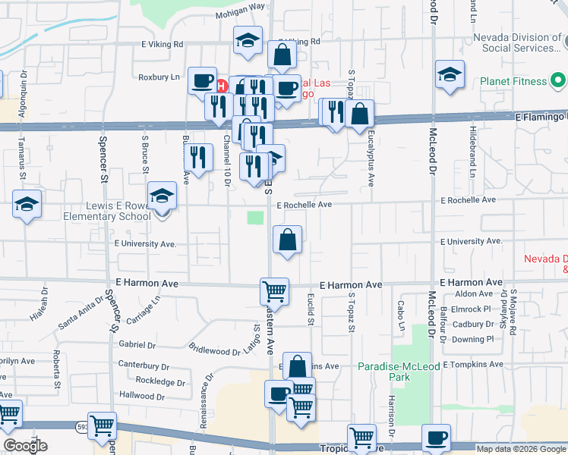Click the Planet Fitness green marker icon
[x=559, y=80]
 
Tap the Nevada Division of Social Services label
[x=516, y=42]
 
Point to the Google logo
[x=25, y=446]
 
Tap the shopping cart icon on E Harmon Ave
[x=274, y=290]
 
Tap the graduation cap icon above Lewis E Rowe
[x=161, y=196]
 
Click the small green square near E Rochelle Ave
[x=256, y=218]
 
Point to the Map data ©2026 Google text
[x=521, y=449]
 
